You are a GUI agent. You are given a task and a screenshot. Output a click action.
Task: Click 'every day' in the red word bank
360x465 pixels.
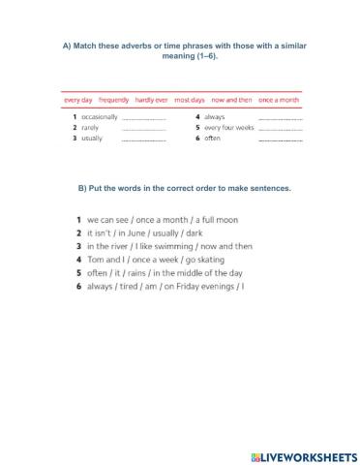click(77, 99)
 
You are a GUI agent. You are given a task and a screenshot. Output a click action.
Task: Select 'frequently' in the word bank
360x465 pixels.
click(114, 99)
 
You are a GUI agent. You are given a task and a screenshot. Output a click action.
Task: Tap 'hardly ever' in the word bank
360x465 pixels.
click(152, 99)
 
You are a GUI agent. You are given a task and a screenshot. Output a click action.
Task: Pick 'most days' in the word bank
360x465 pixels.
click(190, 99)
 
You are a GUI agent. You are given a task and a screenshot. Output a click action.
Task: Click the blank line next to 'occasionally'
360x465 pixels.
click(144, 117)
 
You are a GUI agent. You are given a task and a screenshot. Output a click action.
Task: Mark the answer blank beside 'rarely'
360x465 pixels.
click(144, 129)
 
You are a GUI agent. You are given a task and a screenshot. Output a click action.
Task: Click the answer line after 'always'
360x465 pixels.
click(281, 117)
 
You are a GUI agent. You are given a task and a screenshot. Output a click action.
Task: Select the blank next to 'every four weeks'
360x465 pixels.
click(281, 129)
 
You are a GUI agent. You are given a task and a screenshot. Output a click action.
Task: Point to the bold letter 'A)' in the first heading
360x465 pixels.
click(65, 47)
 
